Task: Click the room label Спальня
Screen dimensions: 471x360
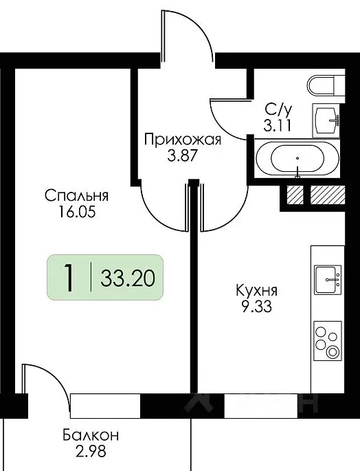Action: [x=77, y=196]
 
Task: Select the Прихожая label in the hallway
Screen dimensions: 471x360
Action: [x=183, y=141]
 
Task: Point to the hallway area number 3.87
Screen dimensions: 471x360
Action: [x=182, y=156]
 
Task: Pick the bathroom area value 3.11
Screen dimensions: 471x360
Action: [x=277, y=125]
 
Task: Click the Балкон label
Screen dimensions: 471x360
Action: [x=90, y=435]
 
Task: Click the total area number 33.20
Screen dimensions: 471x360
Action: [x=127, y=278]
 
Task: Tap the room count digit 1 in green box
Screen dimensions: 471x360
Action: [x=69, y=278]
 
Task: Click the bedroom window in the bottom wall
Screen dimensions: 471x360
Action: [x=105, y=404]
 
